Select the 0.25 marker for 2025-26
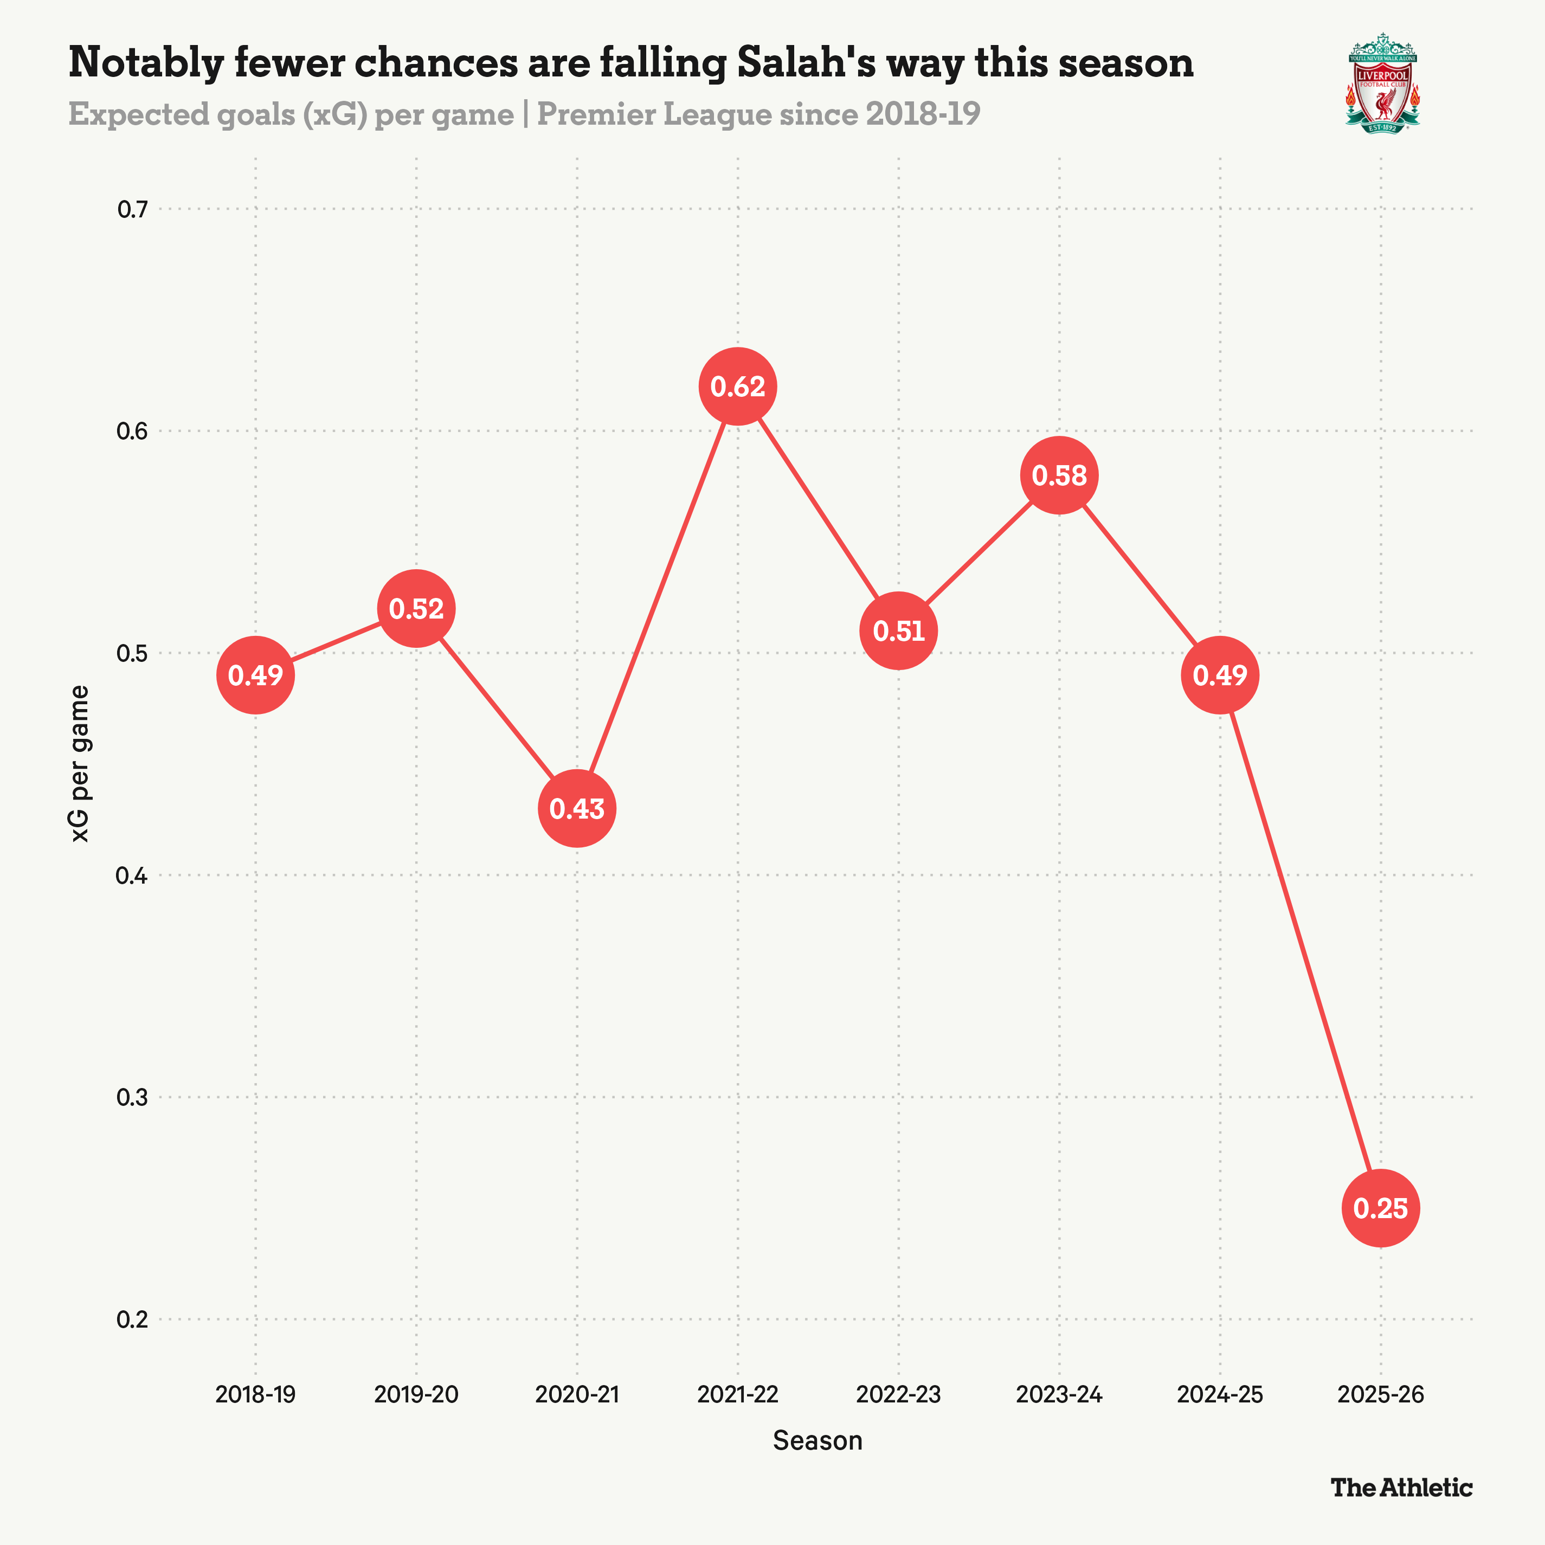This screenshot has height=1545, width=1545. coord(1380,1207)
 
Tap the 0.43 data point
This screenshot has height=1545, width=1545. coord(577,808)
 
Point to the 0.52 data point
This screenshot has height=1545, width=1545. coord(416,609)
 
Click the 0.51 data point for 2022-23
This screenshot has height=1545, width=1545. coord(898,631)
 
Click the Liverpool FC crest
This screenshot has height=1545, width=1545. coord(1383,83)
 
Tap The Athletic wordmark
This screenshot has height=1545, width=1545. coord(1401,1488)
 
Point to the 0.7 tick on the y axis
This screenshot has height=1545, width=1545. coord(133,209)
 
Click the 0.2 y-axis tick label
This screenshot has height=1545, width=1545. coord(133,1319)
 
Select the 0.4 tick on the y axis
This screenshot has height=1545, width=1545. coord(133,875)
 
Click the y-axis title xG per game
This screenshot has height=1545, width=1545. coord(80,764)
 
